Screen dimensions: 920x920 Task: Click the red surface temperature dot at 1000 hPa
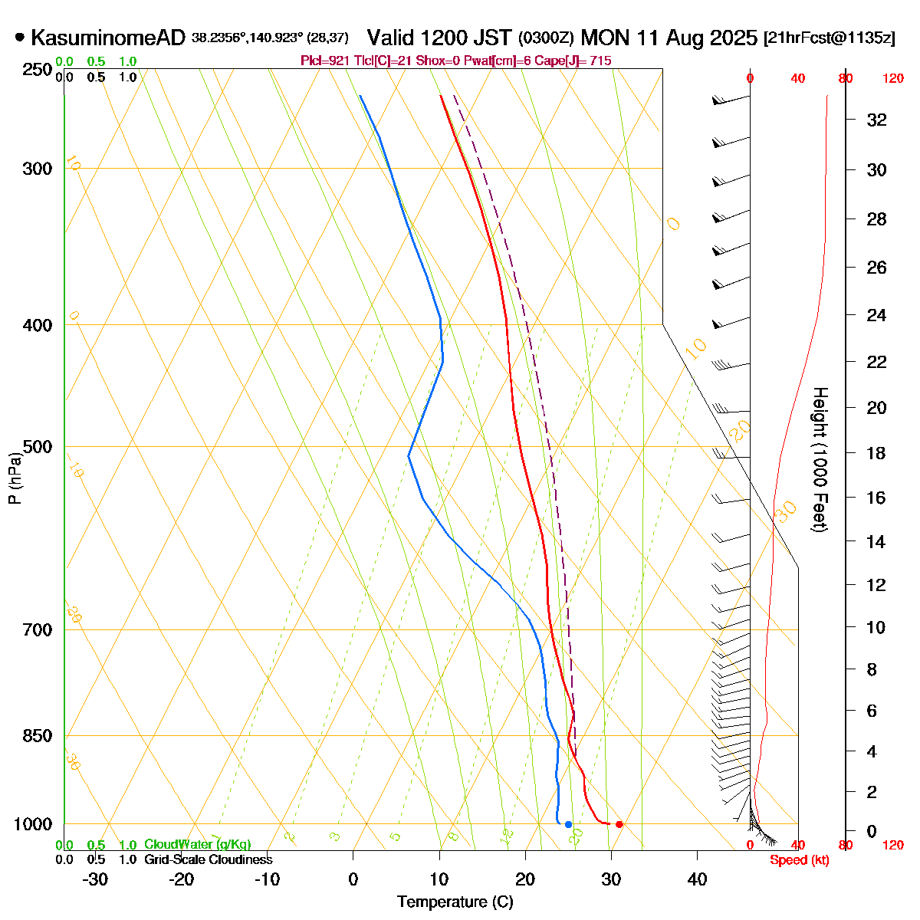coord(619,824)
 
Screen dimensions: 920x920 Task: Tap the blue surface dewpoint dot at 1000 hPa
coord(568,824)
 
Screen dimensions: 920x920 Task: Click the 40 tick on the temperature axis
coord(697,879)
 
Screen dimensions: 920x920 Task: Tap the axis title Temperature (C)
coord(455,902)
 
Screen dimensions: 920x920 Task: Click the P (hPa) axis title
coord(15,479)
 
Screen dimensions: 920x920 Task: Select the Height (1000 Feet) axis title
coord(819,460)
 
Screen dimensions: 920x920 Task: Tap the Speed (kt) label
coord(800,860)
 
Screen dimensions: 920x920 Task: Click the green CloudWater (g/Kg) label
coord(197,844)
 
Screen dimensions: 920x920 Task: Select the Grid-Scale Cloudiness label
coord(208,859)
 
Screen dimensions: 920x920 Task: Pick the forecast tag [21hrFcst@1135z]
coord(829,38)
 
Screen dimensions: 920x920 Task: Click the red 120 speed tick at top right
coord(893,78)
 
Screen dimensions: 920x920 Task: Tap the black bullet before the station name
coord(20,37)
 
